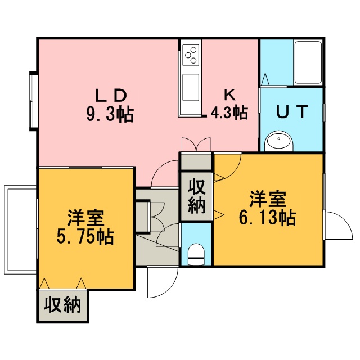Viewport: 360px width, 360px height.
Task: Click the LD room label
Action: (x=111, y=96)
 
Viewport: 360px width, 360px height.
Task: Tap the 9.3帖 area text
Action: (x=110, y=114)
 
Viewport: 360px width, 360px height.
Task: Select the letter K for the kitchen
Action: (x=229, y=94)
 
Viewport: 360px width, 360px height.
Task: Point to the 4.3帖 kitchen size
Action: (x=229, y=112)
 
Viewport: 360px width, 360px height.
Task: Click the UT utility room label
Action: (x=292, y=111)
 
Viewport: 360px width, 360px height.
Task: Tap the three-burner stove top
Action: (x=191, y=55)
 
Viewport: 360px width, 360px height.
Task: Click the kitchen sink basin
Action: (x=191, y=87)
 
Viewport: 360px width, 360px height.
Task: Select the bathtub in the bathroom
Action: (x=308, y=62)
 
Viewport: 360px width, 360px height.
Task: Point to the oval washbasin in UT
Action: (x=279, y=141)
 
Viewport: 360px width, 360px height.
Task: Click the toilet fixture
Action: (x=196, y=254)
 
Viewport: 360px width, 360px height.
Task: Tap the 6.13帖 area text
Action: (x=267, y=218)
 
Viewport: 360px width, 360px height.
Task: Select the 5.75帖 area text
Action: (x=85, y=237)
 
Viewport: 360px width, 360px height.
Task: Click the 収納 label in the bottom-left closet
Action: (x=62, y=305)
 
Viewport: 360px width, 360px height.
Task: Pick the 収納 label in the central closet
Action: (x=196, y=196)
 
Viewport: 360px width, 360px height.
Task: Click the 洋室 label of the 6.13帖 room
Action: (x=268, y=199)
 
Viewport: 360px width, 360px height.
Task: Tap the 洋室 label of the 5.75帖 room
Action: (x=85, y=218)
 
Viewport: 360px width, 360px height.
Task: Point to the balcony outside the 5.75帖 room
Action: (x=20, y=229)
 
